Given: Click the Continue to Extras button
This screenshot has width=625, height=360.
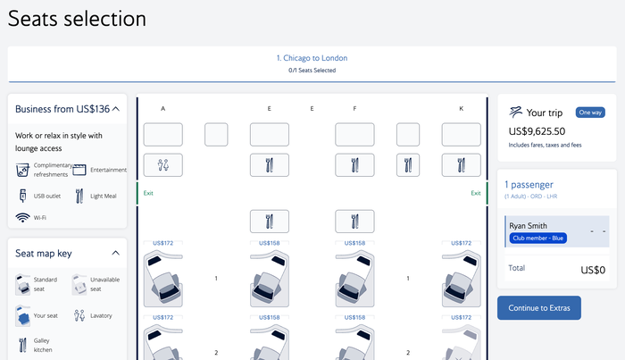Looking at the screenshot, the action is [x=539, y=308].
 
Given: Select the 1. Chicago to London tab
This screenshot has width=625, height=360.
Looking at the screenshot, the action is [x=312, y=58].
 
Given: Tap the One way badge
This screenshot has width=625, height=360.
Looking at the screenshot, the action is [x=590, y=113].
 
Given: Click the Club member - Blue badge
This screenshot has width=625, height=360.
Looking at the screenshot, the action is [x=538, y=238].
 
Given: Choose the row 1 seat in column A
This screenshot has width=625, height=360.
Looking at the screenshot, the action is [x=163, y=279].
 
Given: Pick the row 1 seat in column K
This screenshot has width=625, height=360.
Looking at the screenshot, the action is [x=462, y=279].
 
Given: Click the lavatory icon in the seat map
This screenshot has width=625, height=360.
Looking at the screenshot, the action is [x=163, y=165].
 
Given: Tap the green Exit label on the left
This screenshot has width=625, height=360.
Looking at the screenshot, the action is [x=148, y=193].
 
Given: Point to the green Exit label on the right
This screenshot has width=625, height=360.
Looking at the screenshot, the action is [x=476, y=193].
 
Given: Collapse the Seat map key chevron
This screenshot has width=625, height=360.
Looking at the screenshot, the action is [x=115, y=253].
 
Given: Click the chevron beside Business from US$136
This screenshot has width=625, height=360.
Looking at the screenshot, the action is [x=116, y=109].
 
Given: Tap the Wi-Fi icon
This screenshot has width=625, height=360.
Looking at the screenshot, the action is [x=22, y=218].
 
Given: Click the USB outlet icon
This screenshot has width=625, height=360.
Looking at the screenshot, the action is [x=22, y=196].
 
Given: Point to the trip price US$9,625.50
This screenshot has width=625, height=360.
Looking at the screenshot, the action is [x=537, y=131].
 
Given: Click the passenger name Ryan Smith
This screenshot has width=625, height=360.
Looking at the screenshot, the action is [x=529, y=226].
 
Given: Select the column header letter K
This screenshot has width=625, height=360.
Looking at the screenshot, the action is [x=462, y=108].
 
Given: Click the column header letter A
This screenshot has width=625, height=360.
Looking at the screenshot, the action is [x=163, y=108].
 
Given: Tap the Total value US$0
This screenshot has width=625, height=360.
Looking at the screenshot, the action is [x=593, y=270].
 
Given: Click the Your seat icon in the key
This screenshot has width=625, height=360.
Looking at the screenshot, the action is [x=22, y=315].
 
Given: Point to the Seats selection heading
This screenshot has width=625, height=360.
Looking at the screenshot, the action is [x=77, y=19].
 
